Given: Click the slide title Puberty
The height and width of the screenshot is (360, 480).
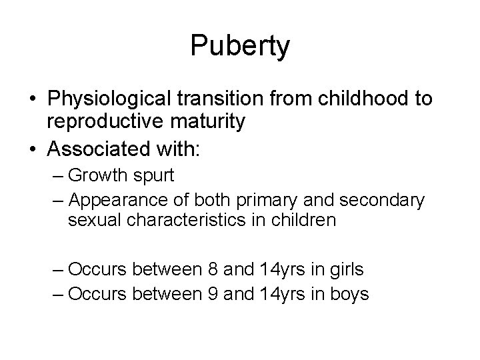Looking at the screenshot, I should tap(240, 46).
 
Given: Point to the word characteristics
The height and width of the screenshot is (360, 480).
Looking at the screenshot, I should tap(200, 221).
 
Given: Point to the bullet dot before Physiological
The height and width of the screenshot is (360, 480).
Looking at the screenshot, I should tap(33, 100).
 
